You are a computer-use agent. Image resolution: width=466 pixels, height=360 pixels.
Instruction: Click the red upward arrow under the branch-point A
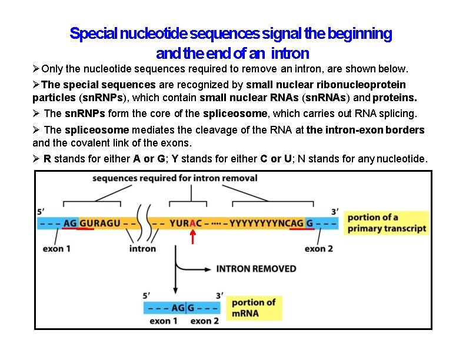193,236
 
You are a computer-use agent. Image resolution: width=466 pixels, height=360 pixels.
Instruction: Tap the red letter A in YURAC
192,224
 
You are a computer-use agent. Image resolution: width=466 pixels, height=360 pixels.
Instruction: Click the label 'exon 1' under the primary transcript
57,249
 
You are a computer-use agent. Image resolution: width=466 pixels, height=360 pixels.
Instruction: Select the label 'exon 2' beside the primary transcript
318,249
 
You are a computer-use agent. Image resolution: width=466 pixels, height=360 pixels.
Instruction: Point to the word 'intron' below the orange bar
142,249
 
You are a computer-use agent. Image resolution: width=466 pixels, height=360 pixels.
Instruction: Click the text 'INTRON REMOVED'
256,269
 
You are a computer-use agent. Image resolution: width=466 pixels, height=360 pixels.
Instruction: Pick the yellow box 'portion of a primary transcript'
386,223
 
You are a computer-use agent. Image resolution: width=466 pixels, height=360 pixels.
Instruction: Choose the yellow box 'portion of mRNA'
253,308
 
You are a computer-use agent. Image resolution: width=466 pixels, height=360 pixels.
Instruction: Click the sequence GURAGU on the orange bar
99,224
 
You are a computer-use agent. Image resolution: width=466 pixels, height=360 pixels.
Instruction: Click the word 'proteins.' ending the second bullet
400,96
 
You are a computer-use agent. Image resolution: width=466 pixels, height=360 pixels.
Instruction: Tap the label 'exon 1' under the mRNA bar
164,321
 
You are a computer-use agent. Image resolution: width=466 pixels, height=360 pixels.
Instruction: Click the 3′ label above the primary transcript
335,211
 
